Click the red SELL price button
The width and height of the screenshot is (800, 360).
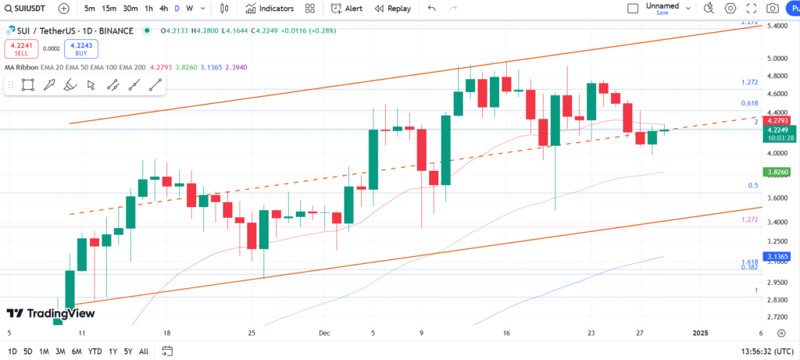[20, 48]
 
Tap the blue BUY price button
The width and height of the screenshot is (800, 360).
[81, 48]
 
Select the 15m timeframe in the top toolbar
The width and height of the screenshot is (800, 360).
[109, 9]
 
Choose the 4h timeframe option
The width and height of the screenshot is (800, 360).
[163, 9]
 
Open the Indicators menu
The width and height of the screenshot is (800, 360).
[270, 9]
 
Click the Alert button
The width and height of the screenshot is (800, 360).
[347, 9]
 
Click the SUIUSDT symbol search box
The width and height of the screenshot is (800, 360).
[27, 9]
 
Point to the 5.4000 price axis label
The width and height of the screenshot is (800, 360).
[777, 26]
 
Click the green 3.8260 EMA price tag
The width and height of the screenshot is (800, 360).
[777, 172]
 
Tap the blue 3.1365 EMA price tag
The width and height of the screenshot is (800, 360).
[777, 257]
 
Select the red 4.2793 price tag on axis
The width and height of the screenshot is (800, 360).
[777, 121]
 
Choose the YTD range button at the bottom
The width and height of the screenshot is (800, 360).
[95, 351]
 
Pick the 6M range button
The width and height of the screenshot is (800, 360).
[77, 351]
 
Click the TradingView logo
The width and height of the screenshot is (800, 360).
[51, 313]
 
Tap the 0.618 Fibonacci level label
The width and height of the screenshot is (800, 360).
[749, 103]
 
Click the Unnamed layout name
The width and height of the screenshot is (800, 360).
[662, 5]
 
